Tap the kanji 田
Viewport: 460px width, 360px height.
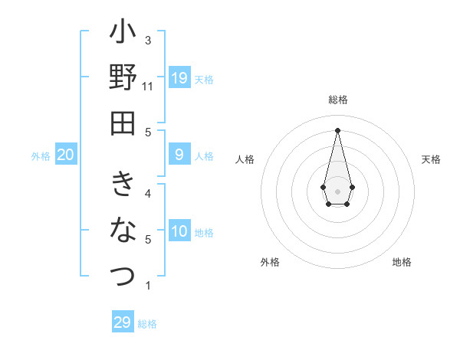[123, 123]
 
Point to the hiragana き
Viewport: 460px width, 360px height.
[123, 184]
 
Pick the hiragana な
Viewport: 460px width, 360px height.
[123, 229]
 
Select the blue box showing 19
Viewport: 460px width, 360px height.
[179, 78]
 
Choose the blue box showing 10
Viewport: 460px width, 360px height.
[179, 232]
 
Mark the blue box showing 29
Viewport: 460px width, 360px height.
[123, 322]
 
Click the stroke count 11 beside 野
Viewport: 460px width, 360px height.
[148, 86]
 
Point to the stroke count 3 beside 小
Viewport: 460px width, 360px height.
[148, 40]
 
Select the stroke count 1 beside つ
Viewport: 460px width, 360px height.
[148, 286]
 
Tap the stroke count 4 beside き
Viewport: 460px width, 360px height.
[148, 193]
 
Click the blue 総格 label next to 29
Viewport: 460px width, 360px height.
[147, 324]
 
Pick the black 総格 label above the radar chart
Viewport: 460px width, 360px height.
[337, 100]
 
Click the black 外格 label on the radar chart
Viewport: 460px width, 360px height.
[270, 262]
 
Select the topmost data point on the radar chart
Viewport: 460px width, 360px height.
[337, 129]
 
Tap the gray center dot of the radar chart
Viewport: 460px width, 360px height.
[337, 191]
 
